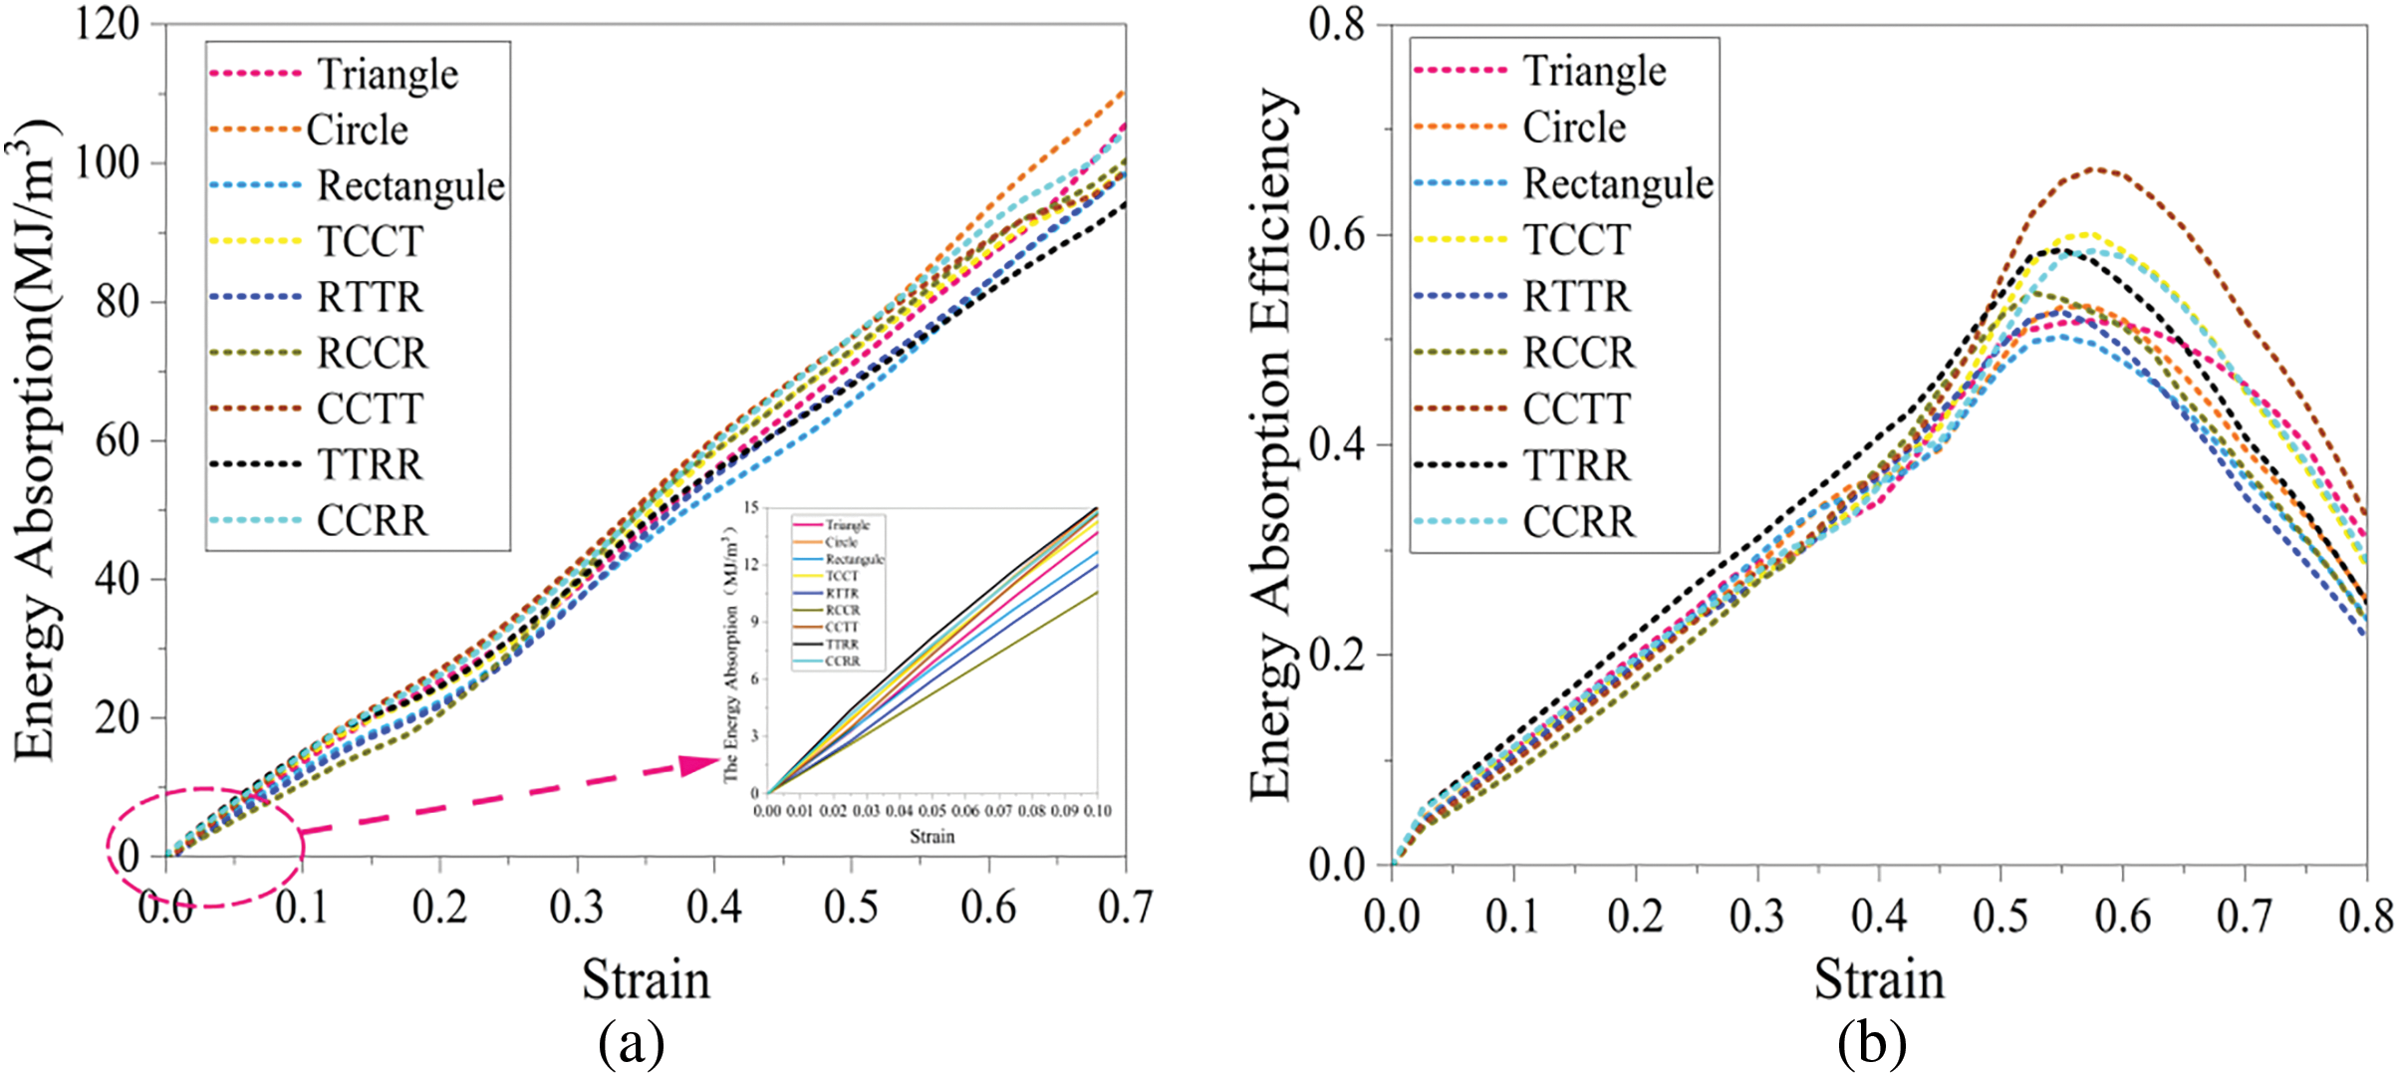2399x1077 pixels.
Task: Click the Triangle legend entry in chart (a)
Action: pyautogui.click(x=388, y=75)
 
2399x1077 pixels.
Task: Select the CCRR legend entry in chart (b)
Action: pyautogui.click(x=1579, y=522)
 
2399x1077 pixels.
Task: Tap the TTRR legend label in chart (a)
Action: pyautogui.click(x=371, y=465)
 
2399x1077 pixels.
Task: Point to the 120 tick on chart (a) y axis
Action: pyautogui.click(x=108, y=24)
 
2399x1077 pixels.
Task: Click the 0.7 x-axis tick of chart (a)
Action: pyautogui.click(x=1125, y=908)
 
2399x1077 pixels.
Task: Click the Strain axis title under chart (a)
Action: pyautogui.click(x=646, y=978)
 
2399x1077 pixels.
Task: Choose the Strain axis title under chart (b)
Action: pyautogui.click(x=1879, y=978)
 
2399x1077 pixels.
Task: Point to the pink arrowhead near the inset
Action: pyautogui.click(x=699, y=765)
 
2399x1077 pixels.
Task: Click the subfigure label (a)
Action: pyautogui.click(x=632, y=1043)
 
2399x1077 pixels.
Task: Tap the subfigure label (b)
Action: pyautogui.click(x=1872, y=1043)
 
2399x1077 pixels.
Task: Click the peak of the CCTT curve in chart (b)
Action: pyautogui.click(x=2096, y=169)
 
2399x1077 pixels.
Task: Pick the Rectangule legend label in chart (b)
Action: pyautogui.click(x=1618, y=184)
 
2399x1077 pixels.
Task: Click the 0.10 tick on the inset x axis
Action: pyautogui.click(x=1097, y=811)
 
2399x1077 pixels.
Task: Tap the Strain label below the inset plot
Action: pyautogui.click(x=932, y=837)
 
